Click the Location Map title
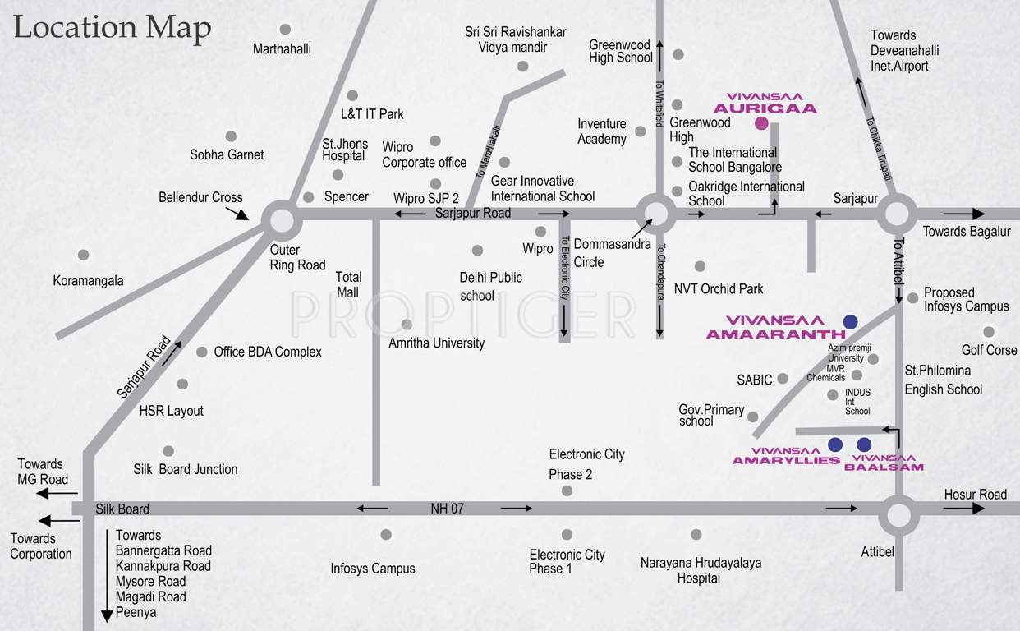[x=113, y=27]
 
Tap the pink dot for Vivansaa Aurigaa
[x=761, y=124]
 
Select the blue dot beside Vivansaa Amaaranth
[x=851, y=321]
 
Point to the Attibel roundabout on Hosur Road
[x=898, y=516]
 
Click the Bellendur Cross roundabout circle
[x=282, y=220]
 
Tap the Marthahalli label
[x=282, y=48]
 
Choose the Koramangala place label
[x=88, y=280]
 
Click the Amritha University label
[x=436, y=343]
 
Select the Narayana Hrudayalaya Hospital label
[x=701, y=570]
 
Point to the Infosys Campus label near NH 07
[x=373, y=568]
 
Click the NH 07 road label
[x=447, y=509]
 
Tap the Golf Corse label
[x=989, y=350]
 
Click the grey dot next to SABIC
[x=783, y=378]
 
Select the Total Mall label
[x=348, y=284]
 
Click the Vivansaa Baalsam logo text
[x=884, y=463]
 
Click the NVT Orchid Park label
[x=719, y=288]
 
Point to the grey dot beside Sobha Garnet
[x=231, y=136]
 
